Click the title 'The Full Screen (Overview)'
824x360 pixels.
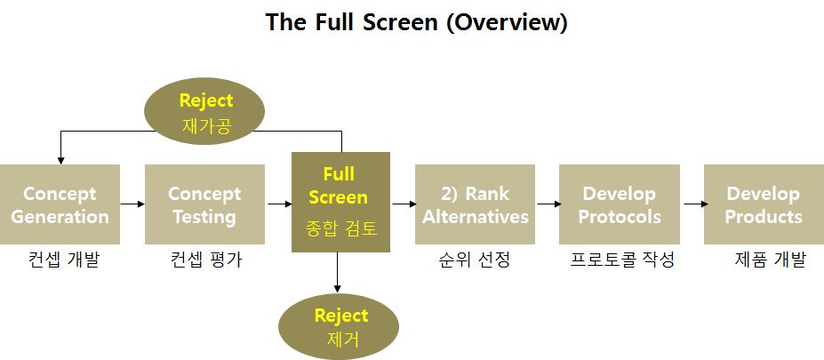(x=416, y=22)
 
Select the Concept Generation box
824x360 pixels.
(x=60, y=204)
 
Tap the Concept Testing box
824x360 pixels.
(x=204, y=204)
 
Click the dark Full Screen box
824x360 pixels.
(x=340, y=203)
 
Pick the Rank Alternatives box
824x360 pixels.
(x=475, y=204)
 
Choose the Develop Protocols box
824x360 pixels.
(x=619, y=204)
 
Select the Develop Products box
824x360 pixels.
(x=764, y=204)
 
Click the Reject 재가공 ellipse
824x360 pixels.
(x=204, y=111)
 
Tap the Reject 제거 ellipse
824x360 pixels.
(x=339, y=326)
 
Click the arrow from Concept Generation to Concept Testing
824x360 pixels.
(x=132, y=204)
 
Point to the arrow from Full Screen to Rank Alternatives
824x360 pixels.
(x=403, y=204)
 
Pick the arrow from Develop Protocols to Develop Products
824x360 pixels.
(x=692, y=204)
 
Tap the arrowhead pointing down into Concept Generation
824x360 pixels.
(x=60, y=161)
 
